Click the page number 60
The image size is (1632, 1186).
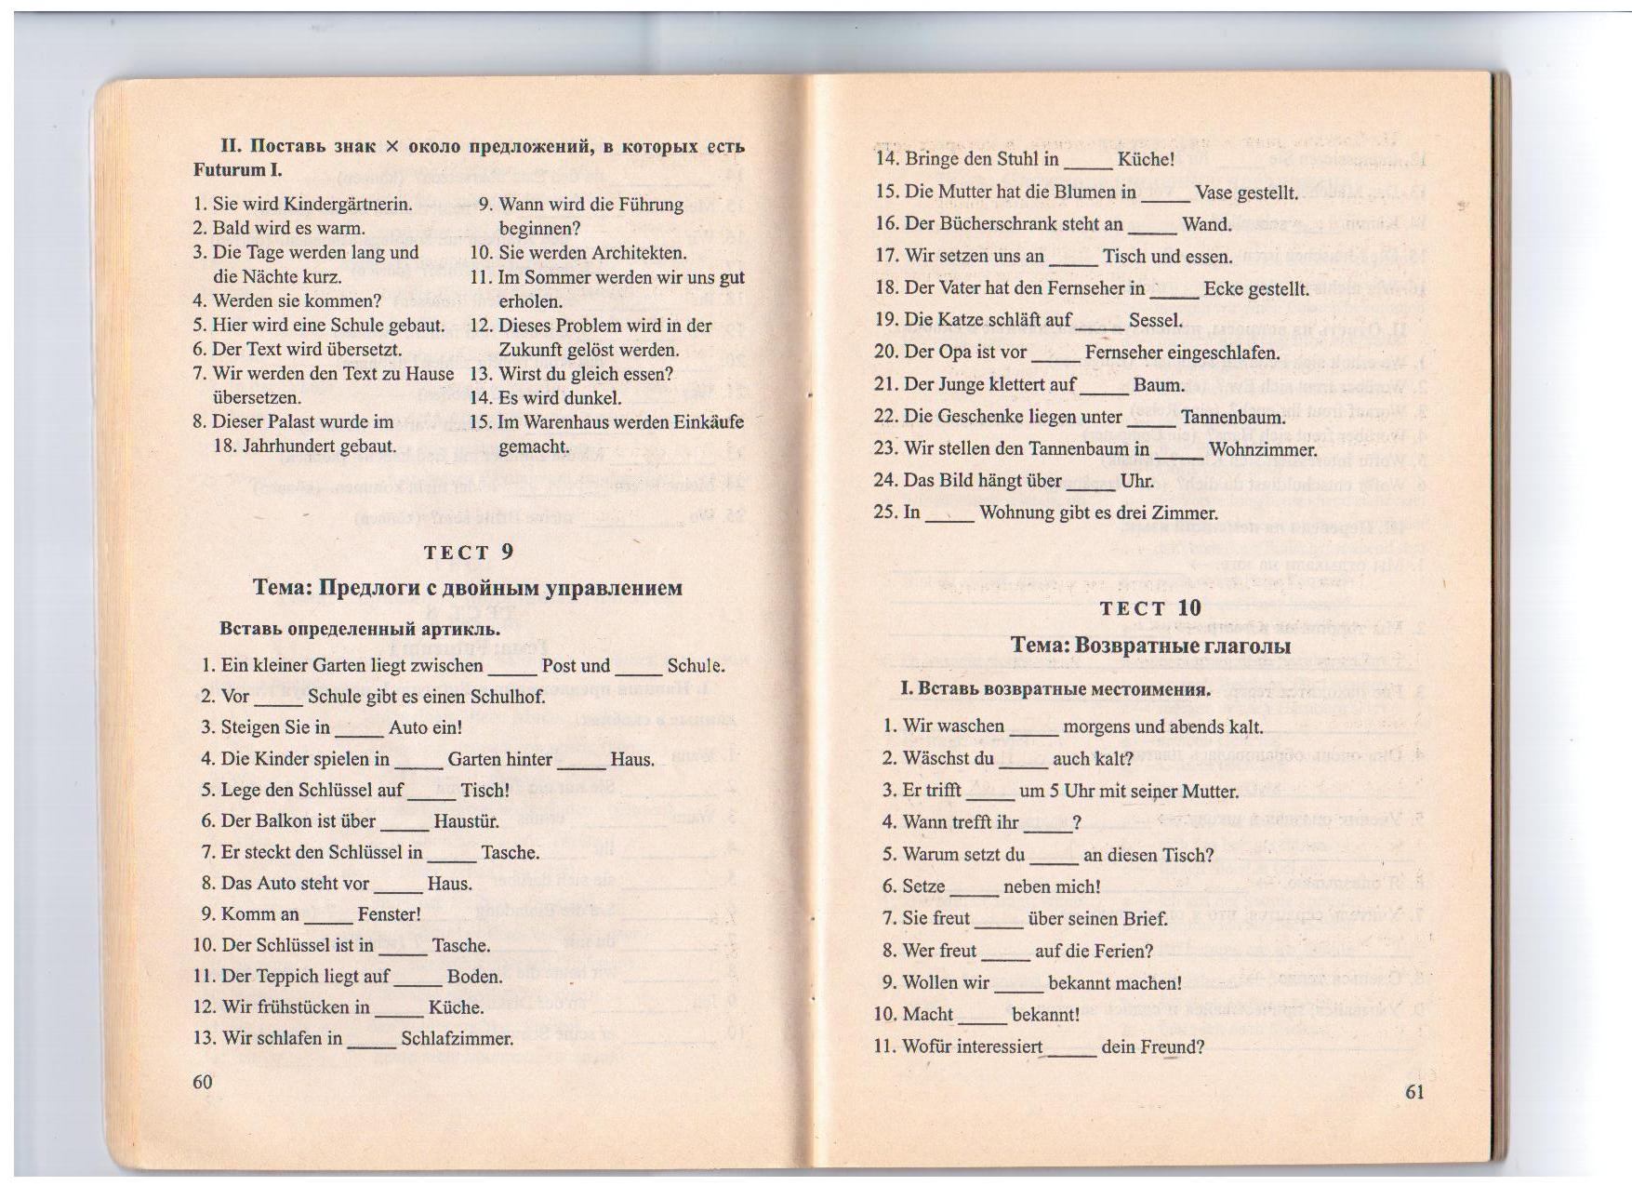click(203, 1081)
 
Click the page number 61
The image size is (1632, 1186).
click(1413, 1092)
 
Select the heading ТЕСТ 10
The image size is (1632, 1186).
click(1149, 608)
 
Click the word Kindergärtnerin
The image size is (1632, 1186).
click(347, 205)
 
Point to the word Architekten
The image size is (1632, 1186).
click(639, 253)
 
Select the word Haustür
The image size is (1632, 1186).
click(466, 821)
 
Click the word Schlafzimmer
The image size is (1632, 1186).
click(457, 1039)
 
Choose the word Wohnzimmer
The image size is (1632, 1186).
click(1263, 450)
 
